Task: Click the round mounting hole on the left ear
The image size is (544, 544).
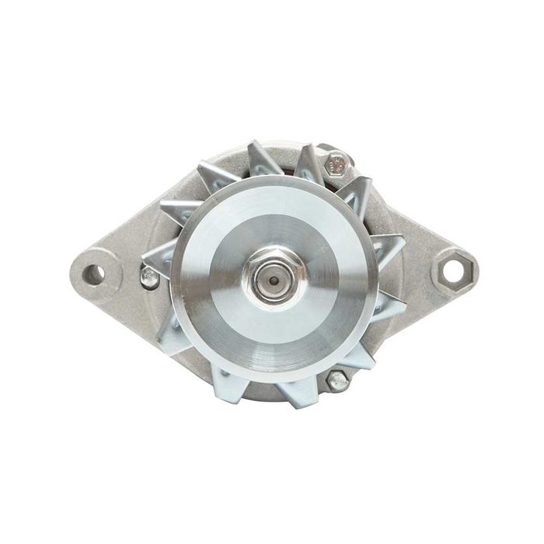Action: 96,273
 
